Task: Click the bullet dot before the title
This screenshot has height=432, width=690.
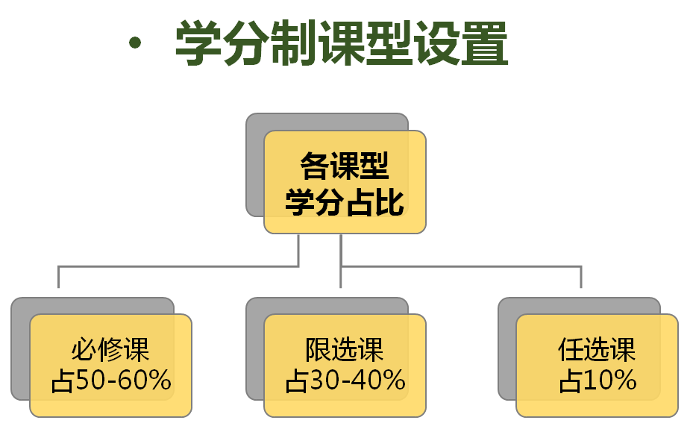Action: tap(135, 43)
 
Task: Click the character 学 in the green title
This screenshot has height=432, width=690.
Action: tap(198, 43)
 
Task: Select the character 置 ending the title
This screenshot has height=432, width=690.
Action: tap(485, 43)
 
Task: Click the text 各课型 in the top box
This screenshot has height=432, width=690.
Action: tap(345, 166)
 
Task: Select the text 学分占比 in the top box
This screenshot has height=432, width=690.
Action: tap(345, 202)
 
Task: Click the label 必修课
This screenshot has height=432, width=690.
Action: tap(110, 350)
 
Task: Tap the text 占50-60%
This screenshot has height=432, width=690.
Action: tap(111, 380)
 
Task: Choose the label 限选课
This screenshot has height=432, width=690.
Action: tap(345, 350)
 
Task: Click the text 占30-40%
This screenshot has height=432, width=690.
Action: tap(345, 380)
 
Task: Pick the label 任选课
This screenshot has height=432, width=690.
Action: tap(597, 350)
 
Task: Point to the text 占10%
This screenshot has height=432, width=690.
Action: tap(598, 380)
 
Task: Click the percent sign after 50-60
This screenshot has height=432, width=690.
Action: tap(159, 380)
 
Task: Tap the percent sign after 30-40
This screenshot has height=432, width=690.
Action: tap(393, 380)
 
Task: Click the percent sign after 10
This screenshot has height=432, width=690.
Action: tap(624, 380)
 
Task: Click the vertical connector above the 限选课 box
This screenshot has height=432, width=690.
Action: tap(341, 261)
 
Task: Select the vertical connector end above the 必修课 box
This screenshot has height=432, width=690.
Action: tap(58, 287)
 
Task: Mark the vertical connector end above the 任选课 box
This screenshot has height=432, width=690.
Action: tap(581, 287)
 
